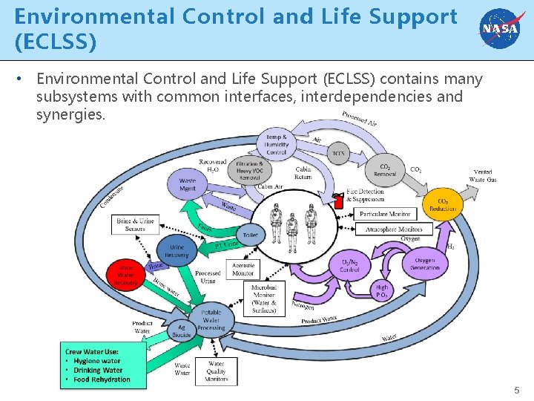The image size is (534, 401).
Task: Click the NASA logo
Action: [x=499, y=29]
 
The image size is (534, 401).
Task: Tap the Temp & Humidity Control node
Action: [x=276, y=143]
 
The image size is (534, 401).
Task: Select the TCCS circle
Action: [x=338, y=154]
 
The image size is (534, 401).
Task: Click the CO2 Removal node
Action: [x=385, y=171]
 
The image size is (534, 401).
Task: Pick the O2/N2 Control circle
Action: [x=350, y=265]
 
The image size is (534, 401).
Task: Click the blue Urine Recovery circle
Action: [x=177, y=251]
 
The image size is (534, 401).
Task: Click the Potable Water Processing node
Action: [x=211, y=320]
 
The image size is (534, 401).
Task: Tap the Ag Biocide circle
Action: [x=182, y=330]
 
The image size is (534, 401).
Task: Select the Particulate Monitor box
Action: [x=385, y=214]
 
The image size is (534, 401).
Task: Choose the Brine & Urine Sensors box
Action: [x=135, y=224]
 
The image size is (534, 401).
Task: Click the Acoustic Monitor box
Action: [x=243, y=269]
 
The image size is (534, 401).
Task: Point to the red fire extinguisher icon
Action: [x=339, y=200]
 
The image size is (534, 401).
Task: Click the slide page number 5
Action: [x=517, y=390]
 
